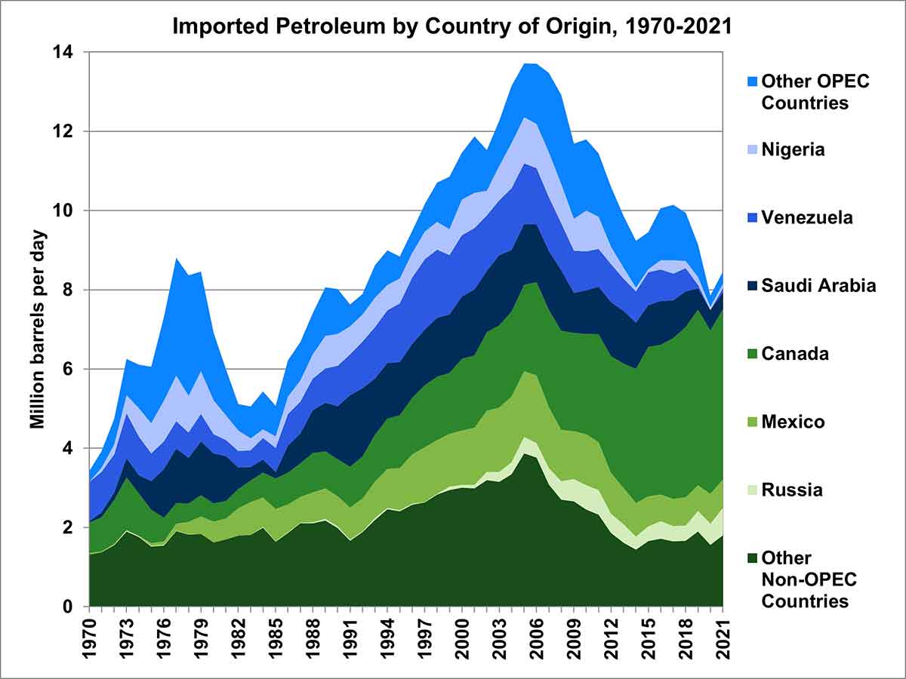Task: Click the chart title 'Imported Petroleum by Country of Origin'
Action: point(451,26)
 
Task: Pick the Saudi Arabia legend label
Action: point(818,286)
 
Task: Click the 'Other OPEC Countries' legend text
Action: point(815,92)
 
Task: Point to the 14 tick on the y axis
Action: point(71,53)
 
